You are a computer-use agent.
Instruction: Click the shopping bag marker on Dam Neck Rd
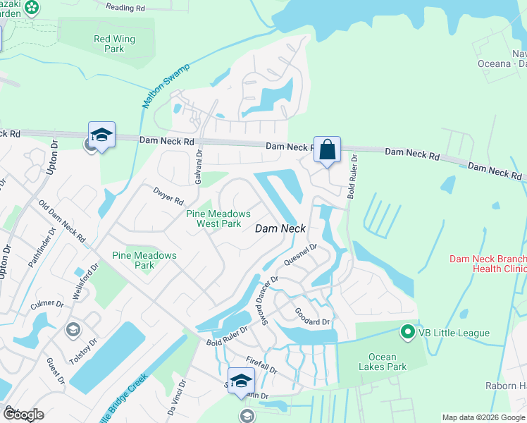(327, 150)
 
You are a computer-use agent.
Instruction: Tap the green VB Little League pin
(407, 331)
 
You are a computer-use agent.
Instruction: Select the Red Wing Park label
(108, 44)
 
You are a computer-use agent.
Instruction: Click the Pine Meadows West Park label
(218, 219)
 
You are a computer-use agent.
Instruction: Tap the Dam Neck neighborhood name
(280, 228)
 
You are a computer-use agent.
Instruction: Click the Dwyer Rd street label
(168, 195)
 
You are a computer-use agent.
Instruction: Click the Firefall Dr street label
(261, 364)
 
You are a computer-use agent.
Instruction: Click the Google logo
(24, 415)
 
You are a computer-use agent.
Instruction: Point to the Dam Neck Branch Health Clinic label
(488, 264)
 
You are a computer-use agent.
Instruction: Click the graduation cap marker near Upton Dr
(101, 135)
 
